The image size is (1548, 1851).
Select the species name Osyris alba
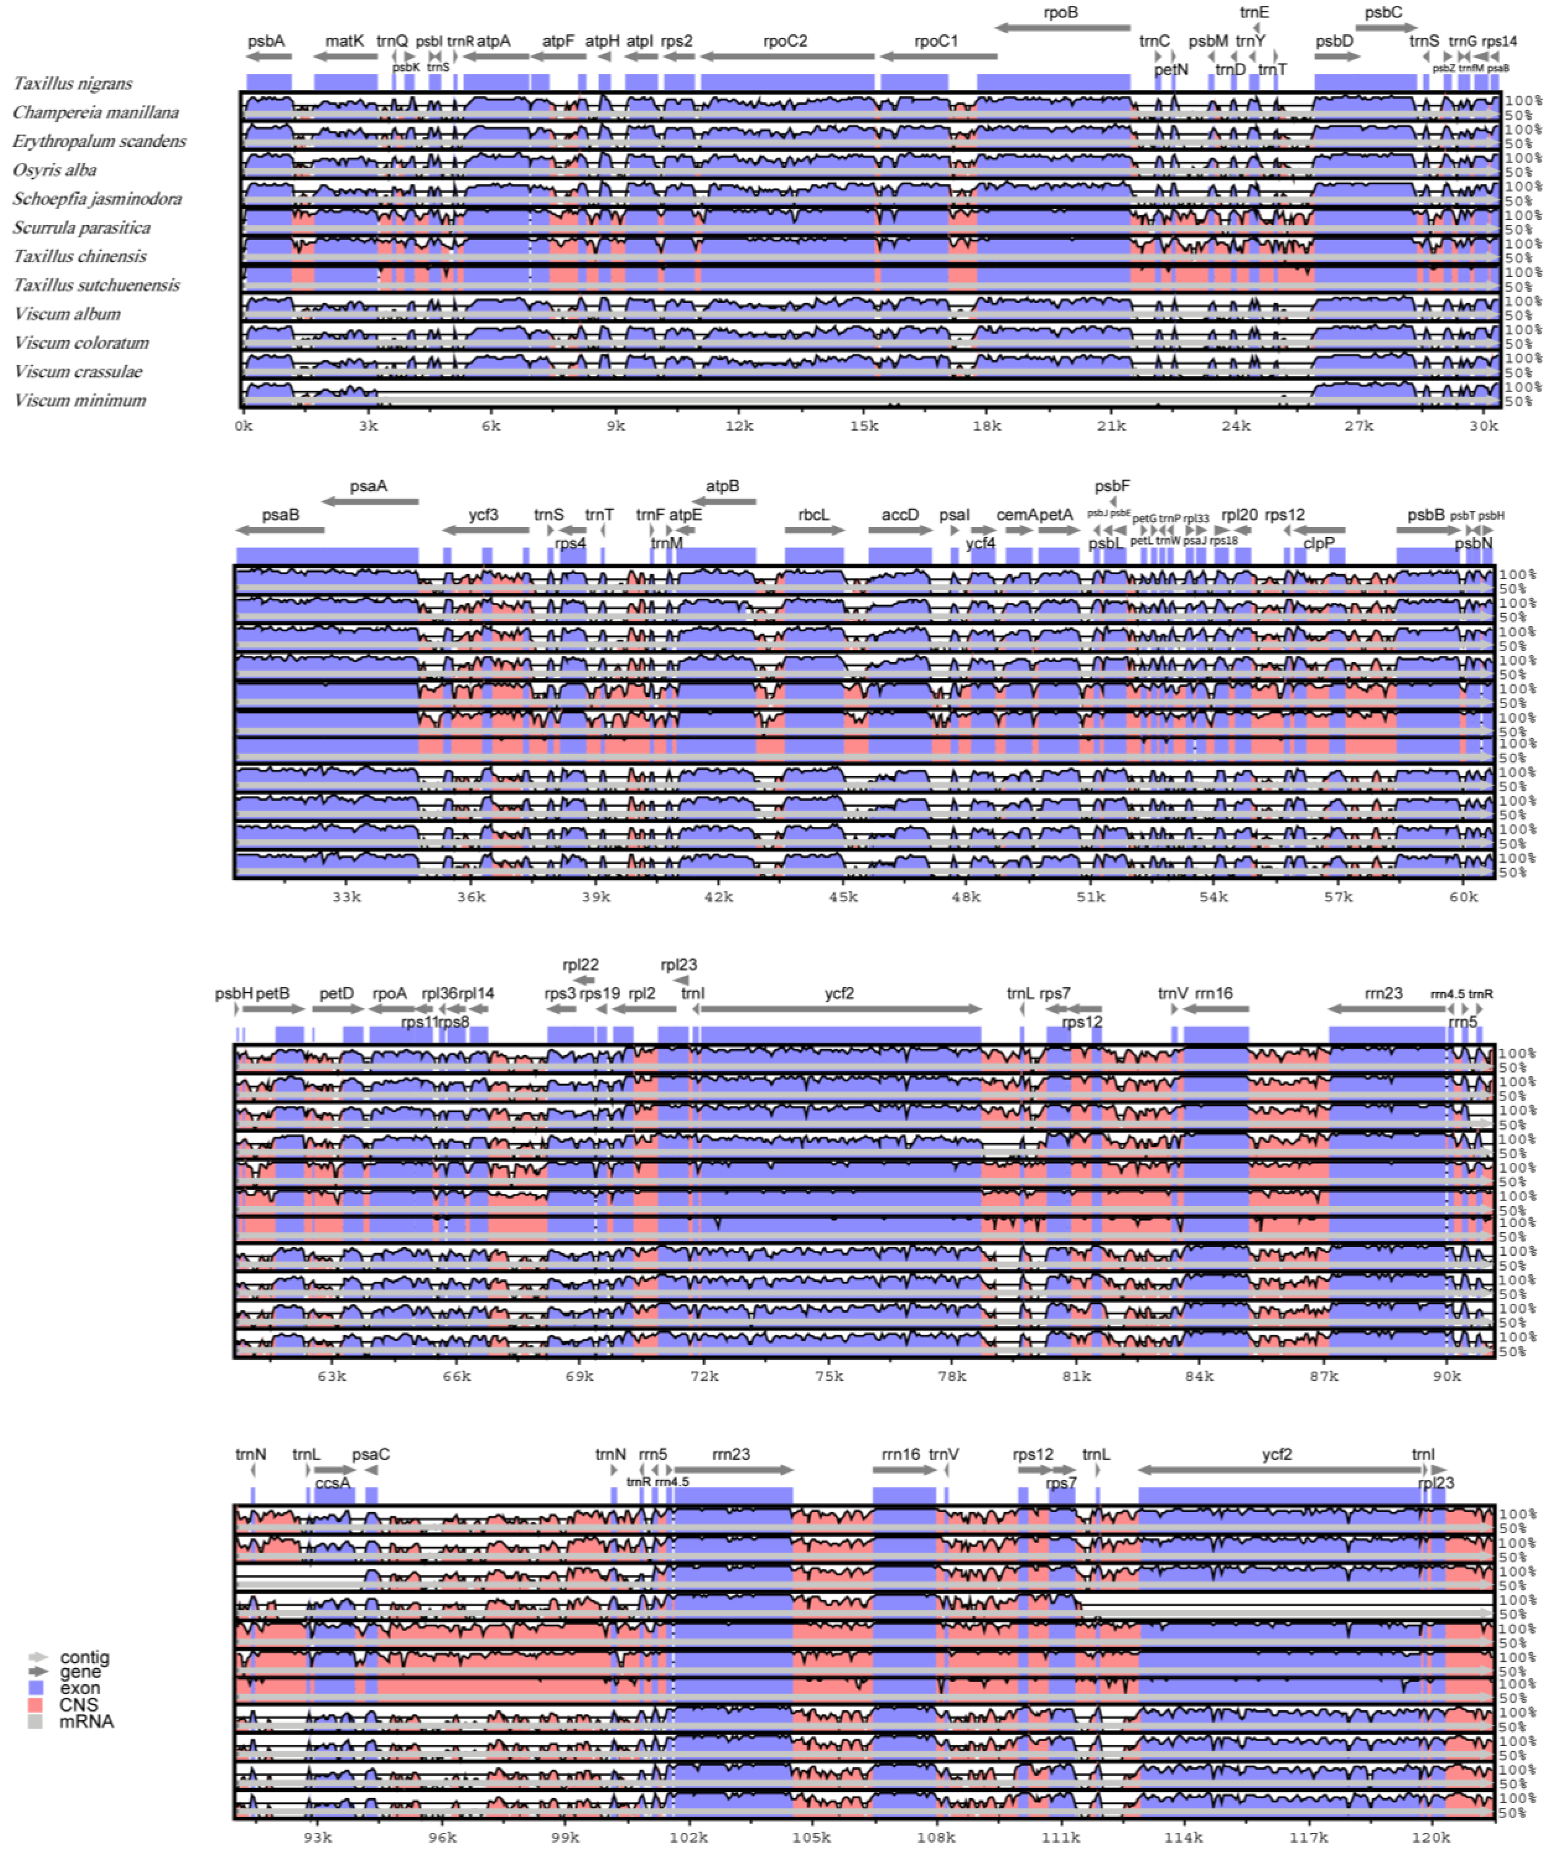tap(54, 170)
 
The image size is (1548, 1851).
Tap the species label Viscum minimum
tap(79, 400)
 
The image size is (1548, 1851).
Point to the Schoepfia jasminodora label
tap(97, 199)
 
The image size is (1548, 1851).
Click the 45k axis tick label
tap(843, 897)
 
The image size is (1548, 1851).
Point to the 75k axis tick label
tap(829, 1376)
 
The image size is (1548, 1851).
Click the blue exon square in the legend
tap(35, 1687)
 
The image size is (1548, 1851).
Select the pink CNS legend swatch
tap(35, 1705)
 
